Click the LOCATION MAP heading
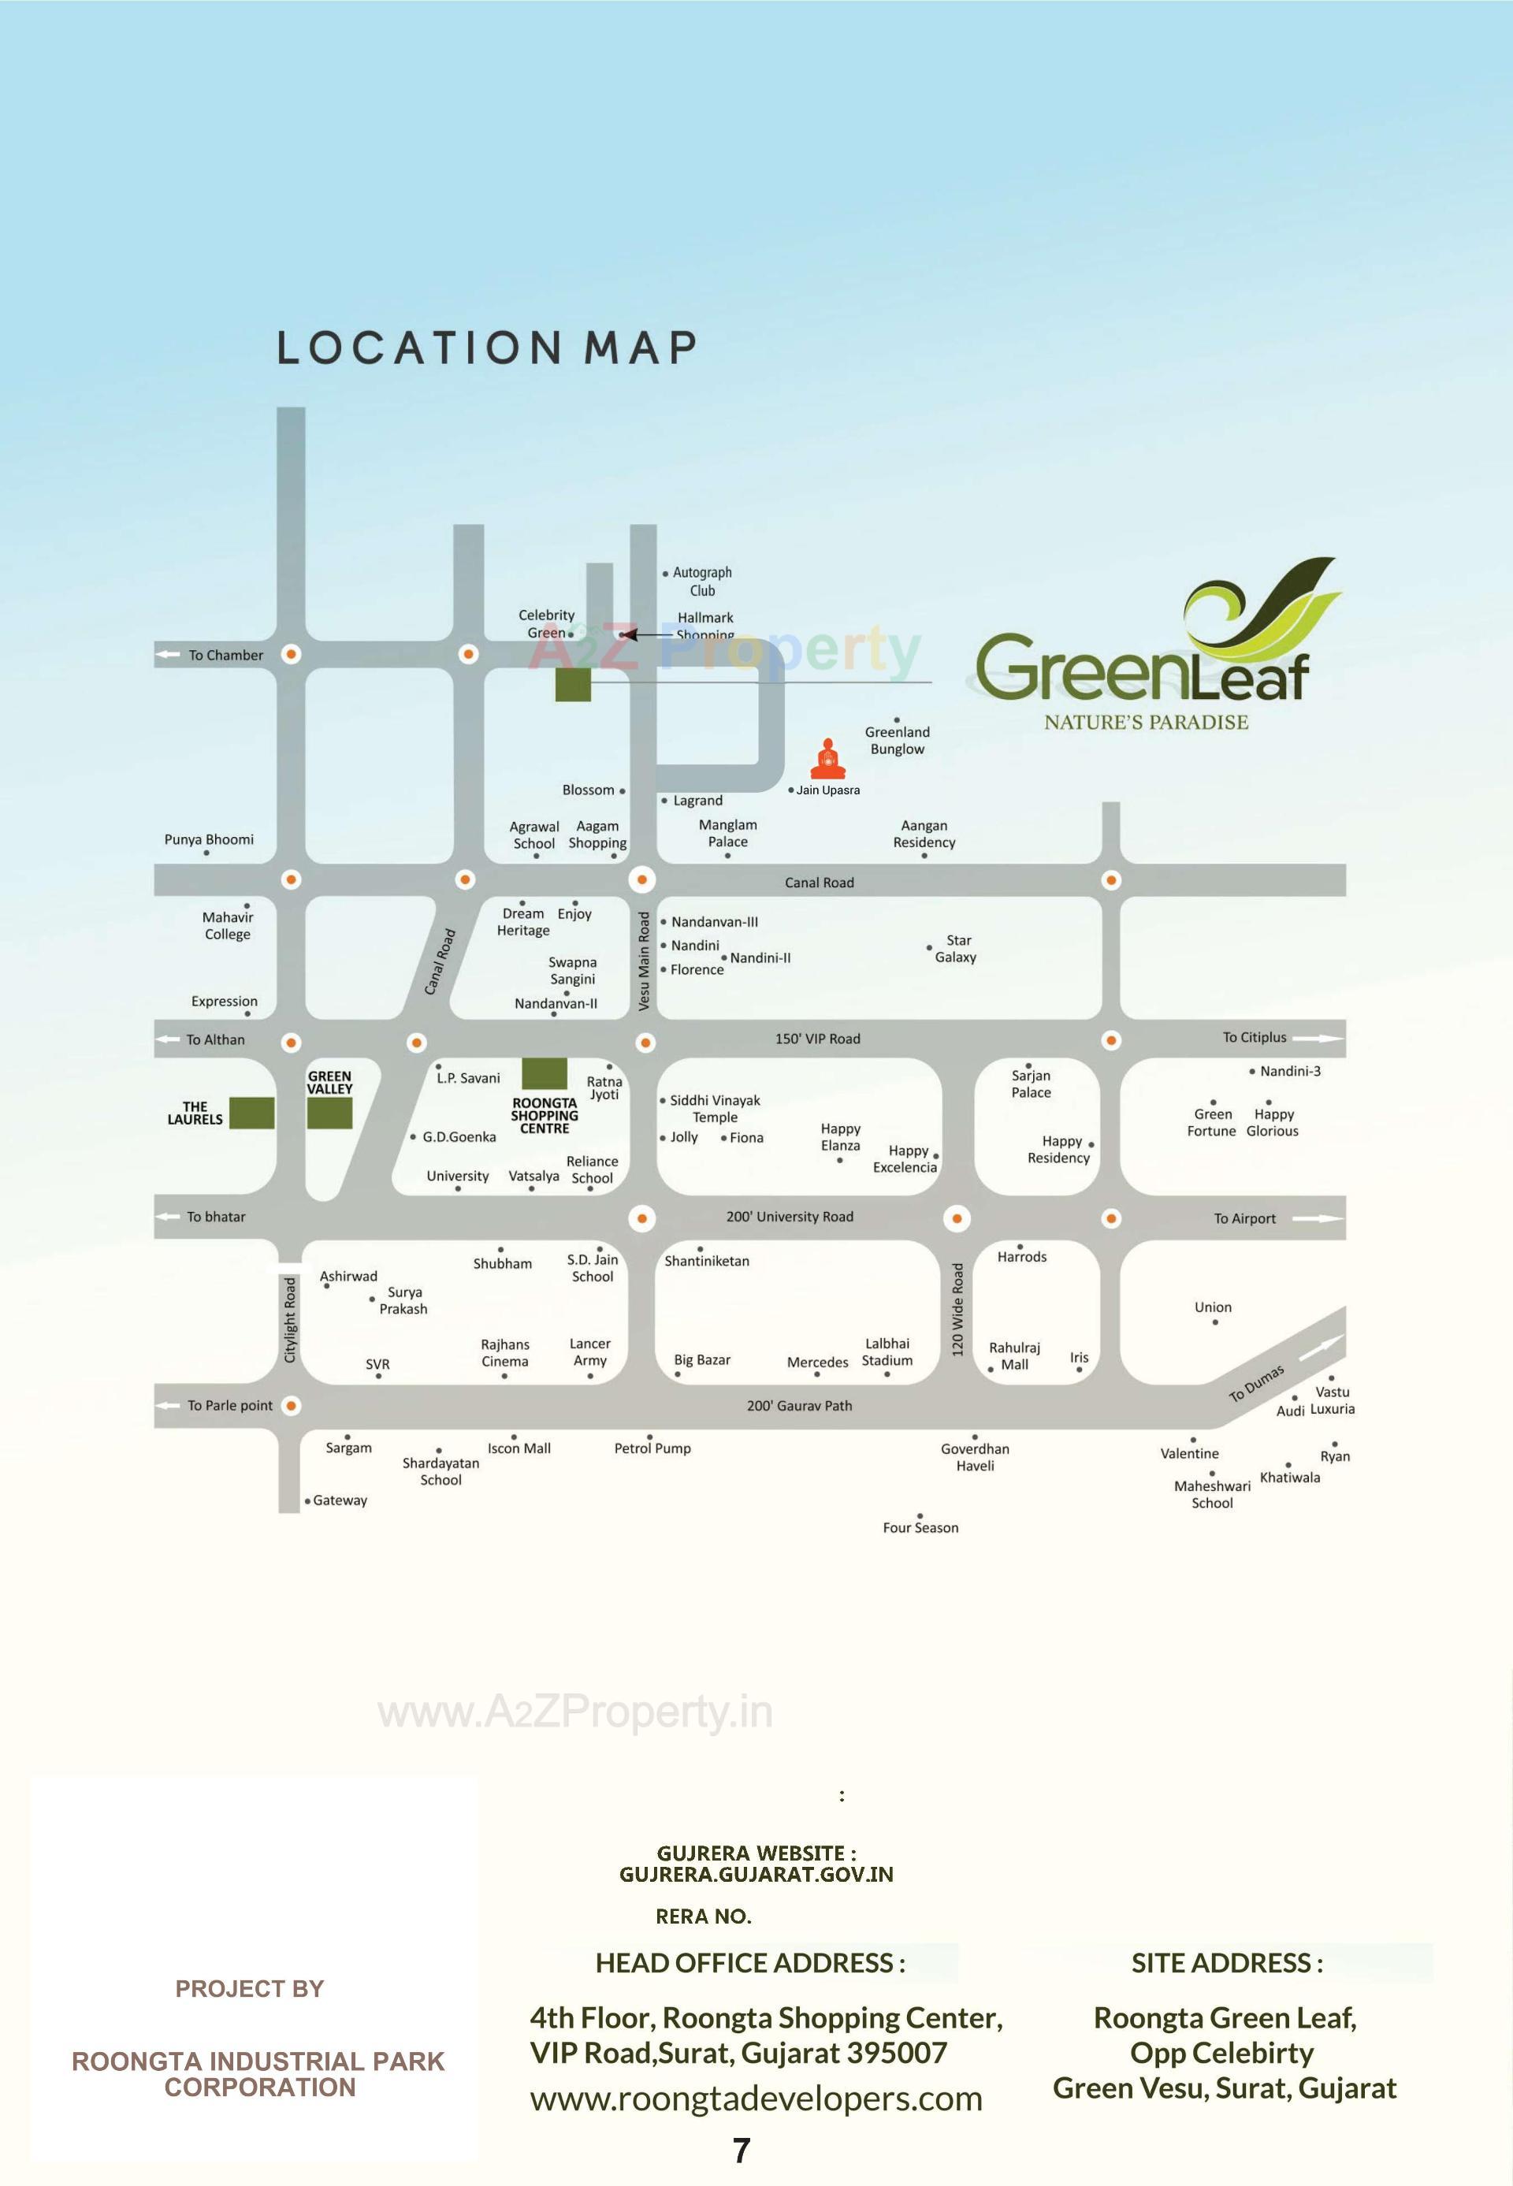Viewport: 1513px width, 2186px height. pyautogui.click(x=486, y=348)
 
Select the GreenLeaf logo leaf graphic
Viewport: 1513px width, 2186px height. pyautogui.click(x=1264, y=607)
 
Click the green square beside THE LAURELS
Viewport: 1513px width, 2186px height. pyautogui.click(x=251, y=1113)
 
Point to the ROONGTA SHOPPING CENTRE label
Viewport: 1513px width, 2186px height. pyautogui.click(x=545, y=1116)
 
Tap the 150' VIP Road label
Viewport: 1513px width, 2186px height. pyautogui.click(x=817, y=1039)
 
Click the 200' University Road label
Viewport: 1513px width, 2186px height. pyautogui.click(x=789, y=1218)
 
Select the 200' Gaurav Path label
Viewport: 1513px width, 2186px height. pyautogui.click(x=798, y=1406)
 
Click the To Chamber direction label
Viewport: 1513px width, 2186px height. pyautogui.click(x=225, y=655)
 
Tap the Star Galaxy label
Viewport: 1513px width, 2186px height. pyautogui.click(x=956, y=949)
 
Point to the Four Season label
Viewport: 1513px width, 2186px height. pyautogui.click(x=920, y=1528)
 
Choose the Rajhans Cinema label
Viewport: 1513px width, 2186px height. pyautogui.click(x=504, y=1353)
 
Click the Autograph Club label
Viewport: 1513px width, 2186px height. pyautogui.click(x=701, y=581)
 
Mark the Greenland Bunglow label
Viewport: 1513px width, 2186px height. pyautogui.click(x=897, y=741)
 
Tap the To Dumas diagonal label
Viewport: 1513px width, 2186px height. pyautogui.click(x=1256, y=1383)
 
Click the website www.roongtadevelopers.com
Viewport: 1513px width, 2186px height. pyautogui.click(x=756, y=2099)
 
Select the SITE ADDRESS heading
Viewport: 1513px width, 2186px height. pyautogui.click(x=1225, y=1963)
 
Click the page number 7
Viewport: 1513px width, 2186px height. pyautogui.click(x=742, y=2151)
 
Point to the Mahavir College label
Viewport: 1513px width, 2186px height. pyautogui.click(x=228, y=925)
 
